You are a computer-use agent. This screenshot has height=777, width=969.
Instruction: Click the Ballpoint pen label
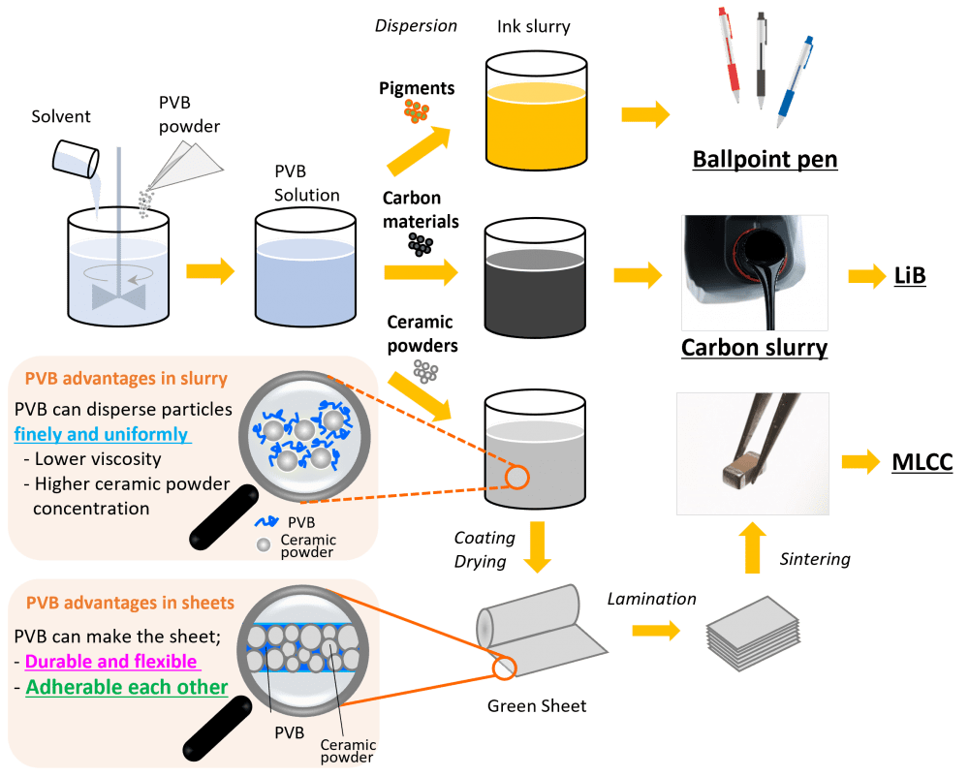765,160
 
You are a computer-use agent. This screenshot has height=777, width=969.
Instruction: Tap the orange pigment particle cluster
417,111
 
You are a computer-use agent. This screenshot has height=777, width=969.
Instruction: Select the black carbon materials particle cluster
420,244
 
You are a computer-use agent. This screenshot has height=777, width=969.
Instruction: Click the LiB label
909,276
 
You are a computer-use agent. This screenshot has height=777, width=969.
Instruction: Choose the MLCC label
922,462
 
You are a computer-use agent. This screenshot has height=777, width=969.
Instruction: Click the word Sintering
815,559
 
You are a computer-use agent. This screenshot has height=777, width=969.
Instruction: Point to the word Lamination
651,599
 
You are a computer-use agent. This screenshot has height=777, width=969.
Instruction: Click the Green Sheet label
537,704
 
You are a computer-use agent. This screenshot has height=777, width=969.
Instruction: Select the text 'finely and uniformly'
102,434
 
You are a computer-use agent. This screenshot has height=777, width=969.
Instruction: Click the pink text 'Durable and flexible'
111,662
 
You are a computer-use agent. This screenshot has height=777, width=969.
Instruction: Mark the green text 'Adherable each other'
126,687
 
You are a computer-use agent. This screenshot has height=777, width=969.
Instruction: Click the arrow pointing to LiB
860,277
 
